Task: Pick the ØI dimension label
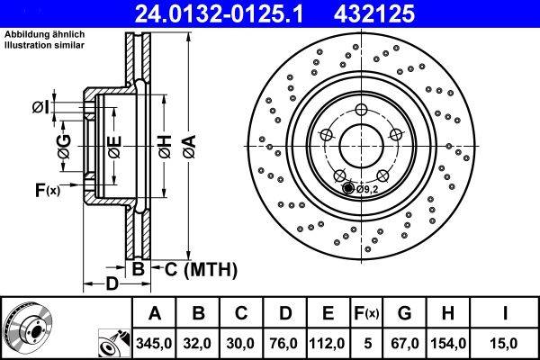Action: [x=40, y=109]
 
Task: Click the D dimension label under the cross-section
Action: [x=109, y=284]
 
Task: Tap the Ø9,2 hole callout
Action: [x=367, y=189]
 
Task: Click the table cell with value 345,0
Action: [x=154, y=342]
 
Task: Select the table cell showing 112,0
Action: [x=328, y=342]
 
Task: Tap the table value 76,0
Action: [x=284, y=342]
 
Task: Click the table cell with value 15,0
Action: [x=505, y=342]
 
